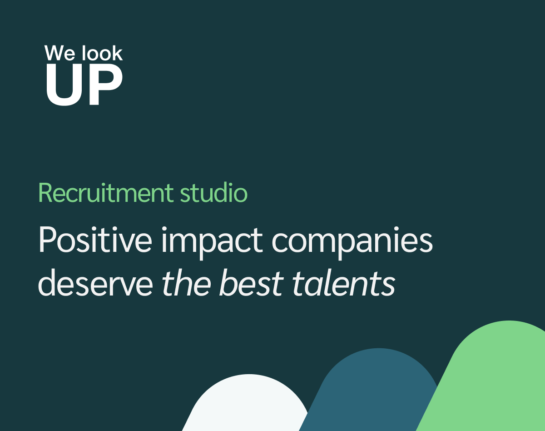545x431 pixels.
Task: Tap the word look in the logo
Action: coord(102,53)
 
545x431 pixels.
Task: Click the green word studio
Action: coord(213,193)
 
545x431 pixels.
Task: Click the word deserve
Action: coord(95,284)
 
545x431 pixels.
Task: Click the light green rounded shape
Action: coord(495,377)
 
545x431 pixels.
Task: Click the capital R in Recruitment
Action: coord(46,193)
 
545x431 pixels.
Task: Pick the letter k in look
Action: coord(117,53)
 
